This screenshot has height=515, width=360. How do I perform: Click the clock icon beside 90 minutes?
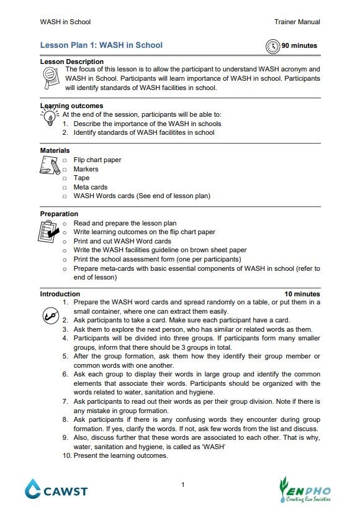point(272,46)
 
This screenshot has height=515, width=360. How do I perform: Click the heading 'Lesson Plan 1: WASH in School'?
point(101,45)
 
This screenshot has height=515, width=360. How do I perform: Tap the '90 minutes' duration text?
point(299,45)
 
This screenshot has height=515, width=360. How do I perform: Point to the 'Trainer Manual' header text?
point(297,22)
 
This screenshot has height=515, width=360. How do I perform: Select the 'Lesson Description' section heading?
point(72,62)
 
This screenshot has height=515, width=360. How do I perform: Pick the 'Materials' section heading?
point(55,150)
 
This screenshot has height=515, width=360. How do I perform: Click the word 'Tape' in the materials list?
point(81,178)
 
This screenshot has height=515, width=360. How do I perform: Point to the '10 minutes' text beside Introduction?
point(302,294)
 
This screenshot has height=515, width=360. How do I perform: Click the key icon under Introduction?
point(50,315)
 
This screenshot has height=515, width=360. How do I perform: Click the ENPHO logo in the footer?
point(305,489)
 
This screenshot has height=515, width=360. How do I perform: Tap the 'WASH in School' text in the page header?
point(65,22)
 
